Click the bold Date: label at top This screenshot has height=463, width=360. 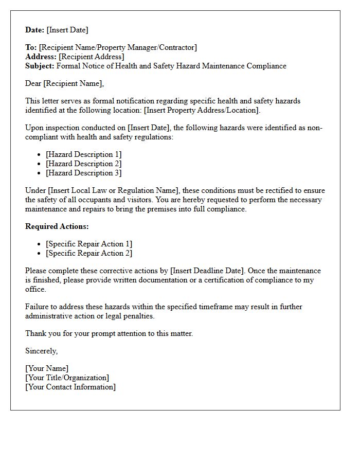click(35, 30)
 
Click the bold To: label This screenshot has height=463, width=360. click(31, 47)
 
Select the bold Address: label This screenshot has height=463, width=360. click(41, 57)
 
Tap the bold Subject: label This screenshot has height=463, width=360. click(40, 66)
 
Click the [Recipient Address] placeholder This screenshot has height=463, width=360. click(92, 57)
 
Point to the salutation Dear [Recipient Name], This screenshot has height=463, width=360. click(65, 83)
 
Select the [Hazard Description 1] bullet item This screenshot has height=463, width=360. click(84, 154)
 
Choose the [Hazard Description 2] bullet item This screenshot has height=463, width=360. click(84, 164)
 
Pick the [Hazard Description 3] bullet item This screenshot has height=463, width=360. click(84, 173)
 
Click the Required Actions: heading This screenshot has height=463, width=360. click(57, 226)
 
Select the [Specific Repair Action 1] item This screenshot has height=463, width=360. click(89, 244)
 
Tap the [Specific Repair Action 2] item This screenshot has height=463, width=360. click(89, 253)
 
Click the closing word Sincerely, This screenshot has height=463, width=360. click(42, 351)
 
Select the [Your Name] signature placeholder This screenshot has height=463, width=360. click(47, 368)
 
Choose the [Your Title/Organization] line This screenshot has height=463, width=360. click(67, 378)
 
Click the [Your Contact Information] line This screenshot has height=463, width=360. click(70, 387)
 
